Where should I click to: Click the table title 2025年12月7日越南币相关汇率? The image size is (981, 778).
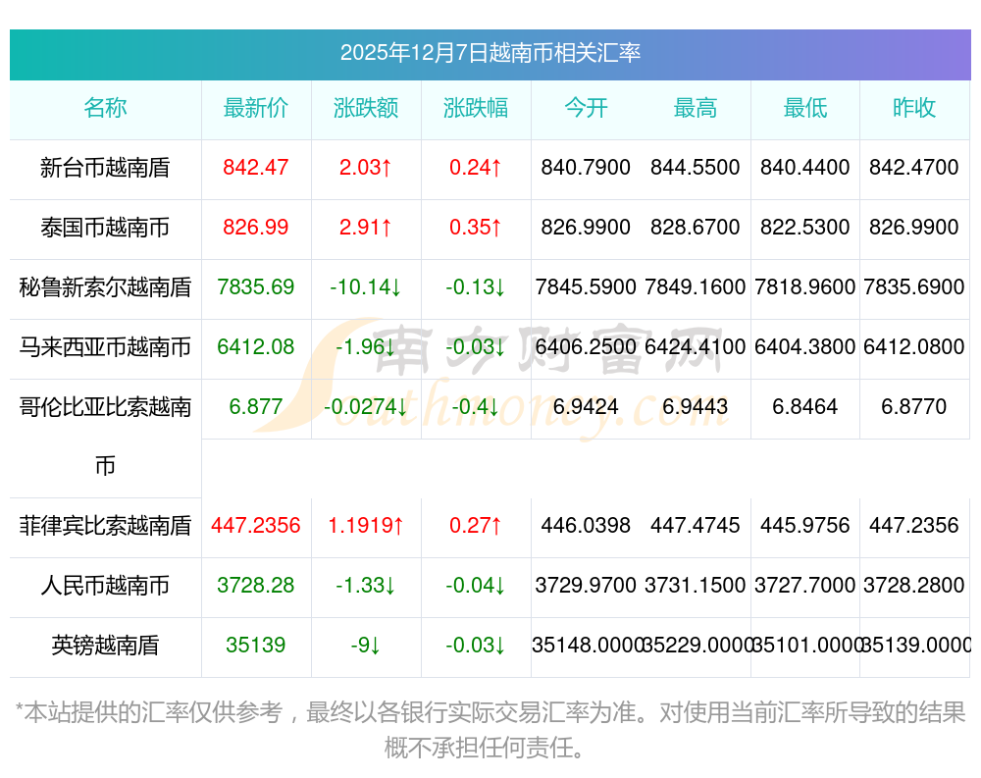click(x=490, y=53)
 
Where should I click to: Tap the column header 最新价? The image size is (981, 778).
click(x=256, y=108)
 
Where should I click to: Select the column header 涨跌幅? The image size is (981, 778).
click(x=476, y=108)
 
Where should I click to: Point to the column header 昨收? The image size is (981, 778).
click(x=914, y=108)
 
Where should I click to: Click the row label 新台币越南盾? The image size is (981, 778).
click(x=105, y=168)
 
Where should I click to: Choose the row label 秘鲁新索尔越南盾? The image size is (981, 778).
click(x=105, y=287)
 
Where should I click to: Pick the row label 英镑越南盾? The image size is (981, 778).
click(x=105, y=646)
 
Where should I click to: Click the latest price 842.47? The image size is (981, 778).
click(x=256, y=168)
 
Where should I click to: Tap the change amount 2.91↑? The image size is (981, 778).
click(x=366, y=228)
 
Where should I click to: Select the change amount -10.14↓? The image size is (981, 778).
click(x=366, y=287)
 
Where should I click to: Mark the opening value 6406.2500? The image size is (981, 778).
click(x=586, y=347)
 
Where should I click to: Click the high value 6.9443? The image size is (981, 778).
click(x=696, y=407)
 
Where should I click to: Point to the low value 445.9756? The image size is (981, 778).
click(x=805, y=526)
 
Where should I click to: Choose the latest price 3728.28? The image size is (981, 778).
click(x=256, y=586)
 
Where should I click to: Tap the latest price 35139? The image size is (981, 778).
click(x=256, y=646)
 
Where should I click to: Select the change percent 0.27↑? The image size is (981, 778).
click(x=476, y=526)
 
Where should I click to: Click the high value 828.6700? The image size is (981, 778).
click(x=696, y=228)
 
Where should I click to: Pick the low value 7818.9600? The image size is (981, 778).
click(x=805, y=287)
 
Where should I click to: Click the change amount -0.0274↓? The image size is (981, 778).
click(x=366, y=407)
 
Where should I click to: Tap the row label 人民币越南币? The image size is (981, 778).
click(x=105, y=586)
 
